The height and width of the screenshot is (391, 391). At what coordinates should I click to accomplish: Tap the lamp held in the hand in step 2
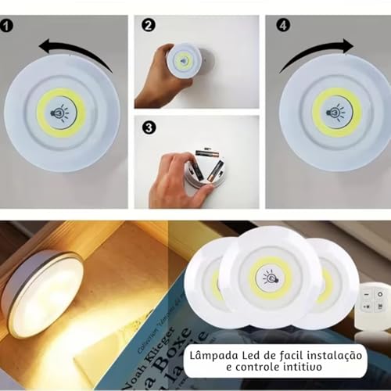186,62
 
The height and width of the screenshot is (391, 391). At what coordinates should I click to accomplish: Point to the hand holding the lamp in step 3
170,178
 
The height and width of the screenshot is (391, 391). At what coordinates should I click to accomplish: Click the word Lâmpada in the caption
213,356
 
